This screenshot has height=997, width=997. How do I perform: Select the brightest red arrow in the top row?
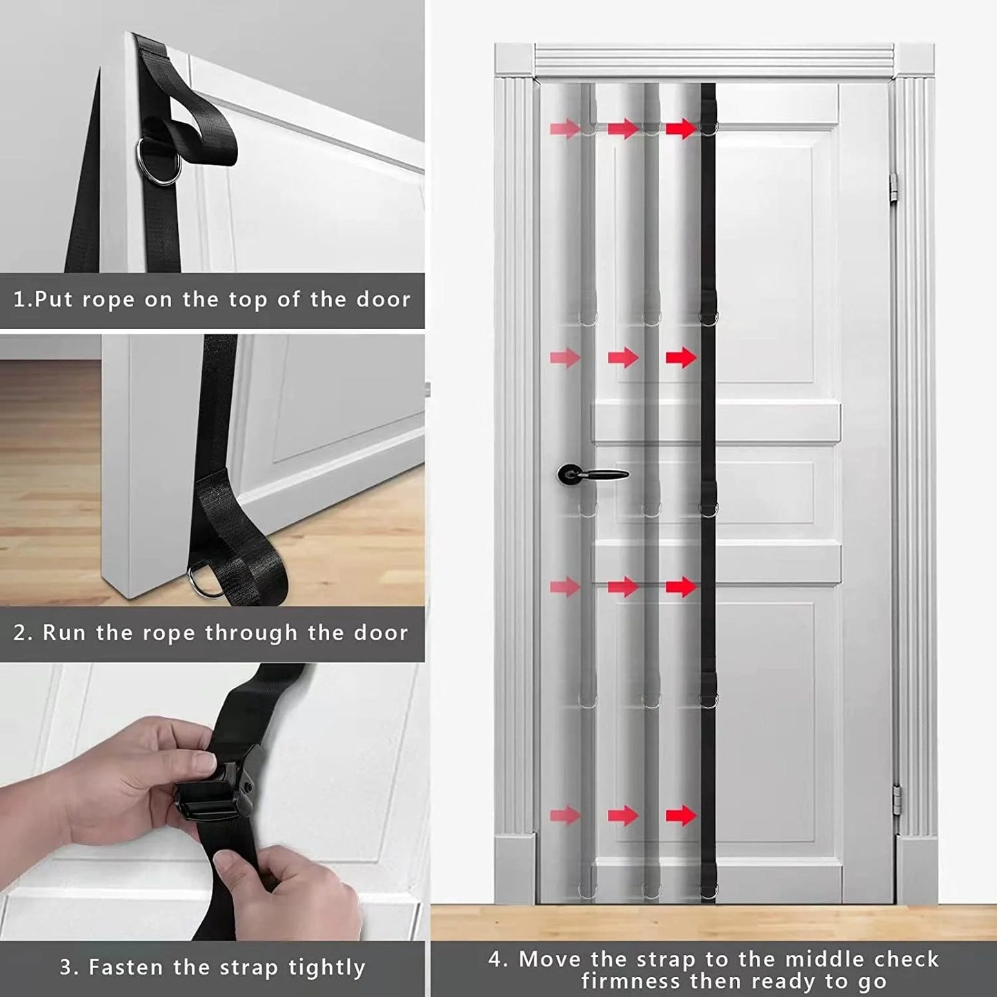point(681,128)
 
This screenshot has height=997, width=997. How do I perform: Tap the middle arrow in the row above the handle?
point(623,357)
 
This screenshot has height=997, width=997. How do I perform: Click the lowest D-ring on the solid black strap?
point(709,895)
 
